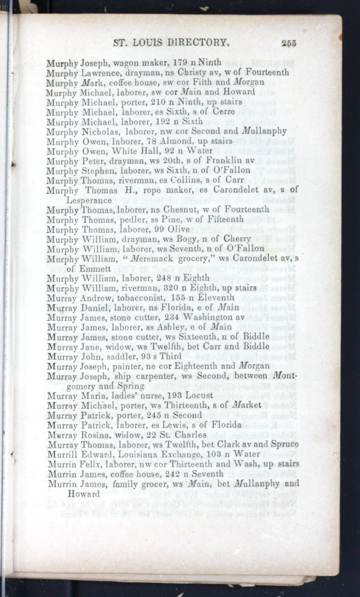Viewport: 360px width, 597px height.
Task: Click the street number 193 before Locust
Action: [x=159, y=396]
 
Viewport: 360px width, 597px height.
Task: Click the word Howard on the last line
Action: [x=83, y=494]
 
